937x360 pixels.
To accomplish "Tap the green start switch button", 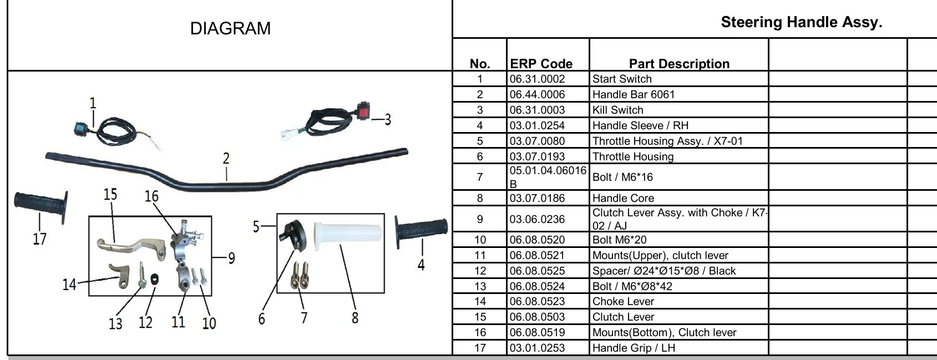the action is [x=80, y=128].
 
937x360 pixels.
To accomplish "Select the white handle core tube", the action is [x=348, y=236].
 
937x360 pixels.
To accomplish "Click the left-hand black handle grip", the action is [x=41, y=206].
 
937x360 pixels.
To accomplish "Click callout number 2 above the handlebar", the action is [x=226, y=159].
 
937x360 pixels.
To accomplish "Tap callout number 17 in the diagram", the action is [x=40, y=239].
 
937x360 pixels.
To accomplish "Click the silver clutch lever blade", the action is [x=130, y=247].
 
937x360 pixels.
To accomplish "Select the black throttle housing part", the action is [x=292, y=235].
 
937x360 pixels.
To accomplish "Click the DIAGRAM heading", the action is [x=230, y=28].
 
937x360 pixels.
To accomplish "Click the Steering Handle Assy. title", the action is [x=802, y=22].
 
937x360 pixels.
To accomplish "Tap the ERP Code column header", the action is [x=541, y=64].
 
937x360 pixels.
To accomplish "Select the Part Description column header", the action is [x=679, y=64].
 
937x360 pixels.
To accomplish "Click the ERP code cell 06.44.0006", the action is [x=537, y=94].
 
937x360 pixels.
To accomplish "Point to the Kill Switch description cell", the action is [x=618, y=110].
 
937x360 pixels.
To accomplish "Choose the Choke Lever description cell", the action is [x=623, y=301].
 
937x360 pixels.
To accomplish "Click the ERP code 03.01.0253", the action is [x=537, y=348].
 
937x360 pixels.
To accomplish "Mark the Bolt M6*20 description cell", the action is [x=620, y=240].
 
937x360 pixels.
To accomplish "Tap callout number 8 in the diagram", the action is [x=354, y=318].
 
